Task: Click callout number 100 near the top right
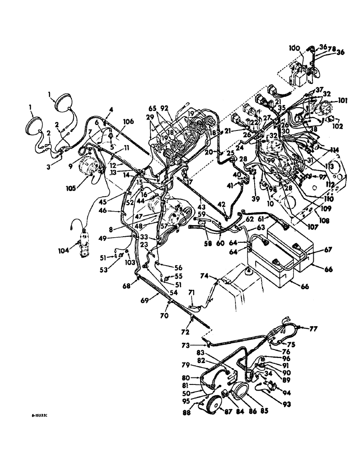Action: [x=294, y=48]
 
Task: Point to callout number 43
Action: [x=201, y=207]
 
